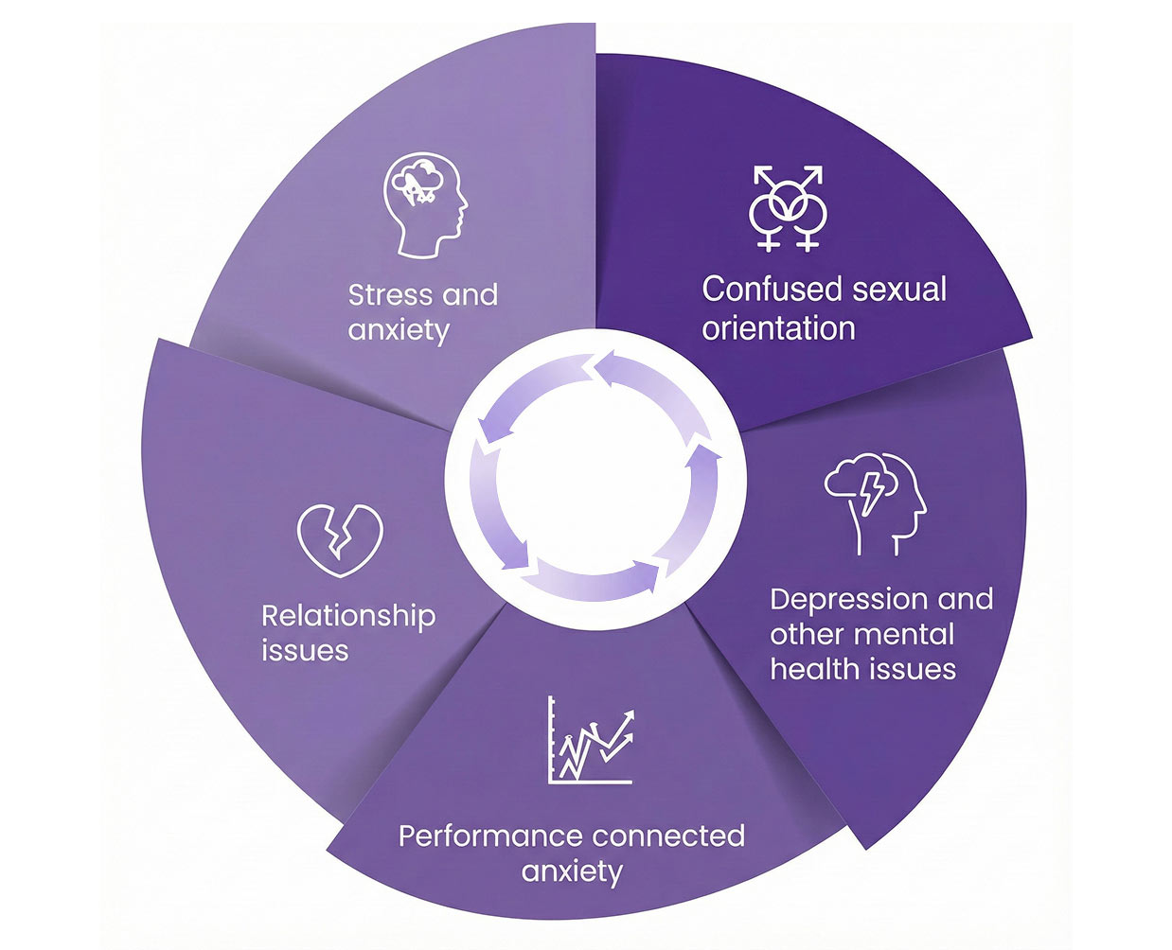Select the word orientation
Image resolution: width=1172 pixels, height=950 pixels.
(x=778, y=328)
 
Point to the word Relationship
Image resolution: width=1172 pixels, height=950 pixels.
(x=347, y=616)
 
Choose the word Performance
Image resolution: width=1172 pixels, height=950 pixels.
(x=489, y=836)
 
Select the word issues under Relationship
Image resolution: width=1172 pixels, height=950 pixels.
(x=305, y=651)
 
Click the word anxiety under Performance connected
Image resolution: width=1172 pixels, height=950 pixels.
(x=572, y=871)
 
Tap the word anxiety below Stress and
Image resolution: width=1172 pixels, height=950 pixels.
(x=398, y=331)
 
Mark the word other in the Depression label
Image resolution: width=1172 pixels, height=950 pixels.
(x=806, y=634)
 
